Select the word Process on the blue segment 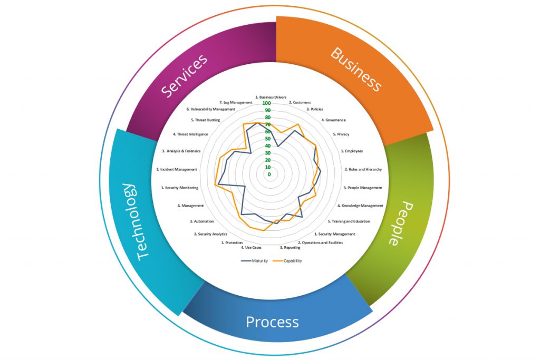point(272,322)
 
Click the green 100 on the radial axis point(269,103)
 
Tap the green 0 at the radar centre point(269,174)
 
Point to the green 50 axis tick point(269,139)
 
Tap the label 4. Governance point(334,120)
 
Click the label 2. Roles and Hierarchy point(363,169)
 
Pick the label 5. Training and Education point(349,221)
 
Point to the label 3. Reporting point(291,247)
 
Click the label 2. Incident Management point(177,169)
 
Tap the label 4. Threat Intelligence point(192,134)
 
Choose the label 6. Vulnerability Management point(210,109)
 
